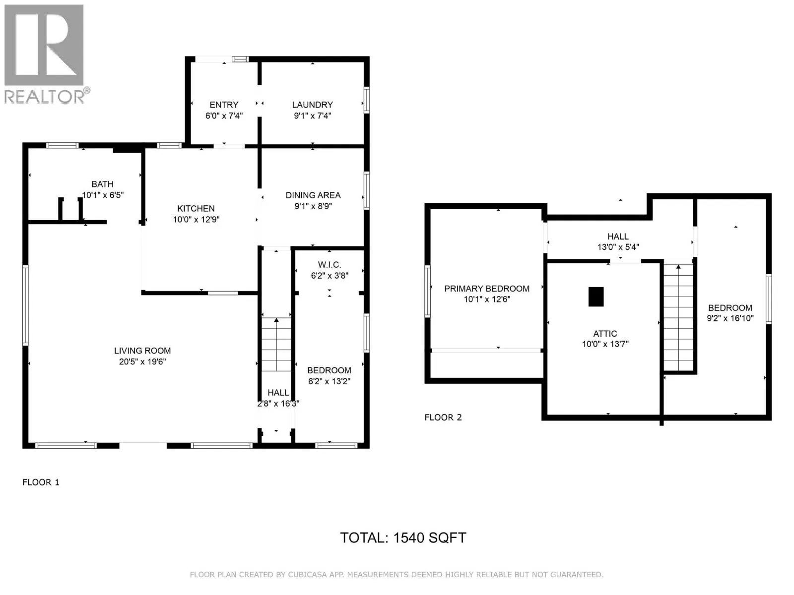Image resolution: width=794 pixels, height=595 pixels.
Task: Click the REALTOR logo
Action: click(47, 54)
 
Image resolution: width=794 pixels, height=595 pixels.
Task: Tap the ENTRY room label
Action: click(224, 105)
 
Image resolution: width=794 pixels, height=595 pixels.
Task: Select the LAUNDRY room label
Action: click(312, 105)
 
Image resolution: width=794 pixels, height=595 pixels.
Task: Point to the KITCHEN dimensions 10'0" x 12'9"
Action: click(196, 219)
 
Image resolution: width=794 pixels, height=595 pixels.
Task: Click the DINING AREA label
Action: click(313, 195)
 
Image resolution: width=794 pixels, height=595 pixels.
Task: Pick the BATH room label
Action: click(102, 184)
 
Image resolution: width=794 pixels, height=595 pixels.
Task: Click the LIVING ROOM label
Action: click(142, 351)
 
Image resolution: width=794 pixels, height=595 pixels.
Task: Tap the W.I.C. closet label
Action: click(329, 264)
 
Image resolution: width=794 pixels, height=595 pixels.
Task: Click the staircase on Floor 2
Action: click(678, 317)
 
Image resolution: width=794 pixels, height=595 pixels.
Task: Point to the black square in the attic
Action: click(596, 297)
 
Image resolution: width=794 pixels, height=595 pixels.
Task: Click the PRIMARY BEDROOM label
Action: click(486, 289)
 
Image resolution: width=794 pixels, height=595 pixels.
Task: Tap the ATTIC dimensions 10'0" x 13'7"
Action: click(605, 344)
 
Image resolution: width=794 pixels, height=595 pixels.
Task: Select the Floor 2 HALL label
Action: click(618, 237)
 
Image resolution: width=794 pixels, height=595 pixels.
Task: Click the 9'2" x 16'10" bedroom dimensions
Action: click(730, 318)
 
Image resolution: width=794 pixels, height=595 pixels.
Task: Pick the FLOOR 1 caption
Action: click(41, 482)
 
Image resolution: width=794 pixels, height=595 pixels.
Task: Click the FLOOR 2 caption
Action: click(443, 417)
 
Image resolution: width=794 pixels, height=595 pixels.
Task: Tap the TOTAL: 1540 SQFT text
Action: click(403, 538)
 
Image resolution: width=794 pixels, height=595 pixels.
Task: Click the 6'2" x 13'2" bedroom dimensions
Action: click(329, 381)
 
